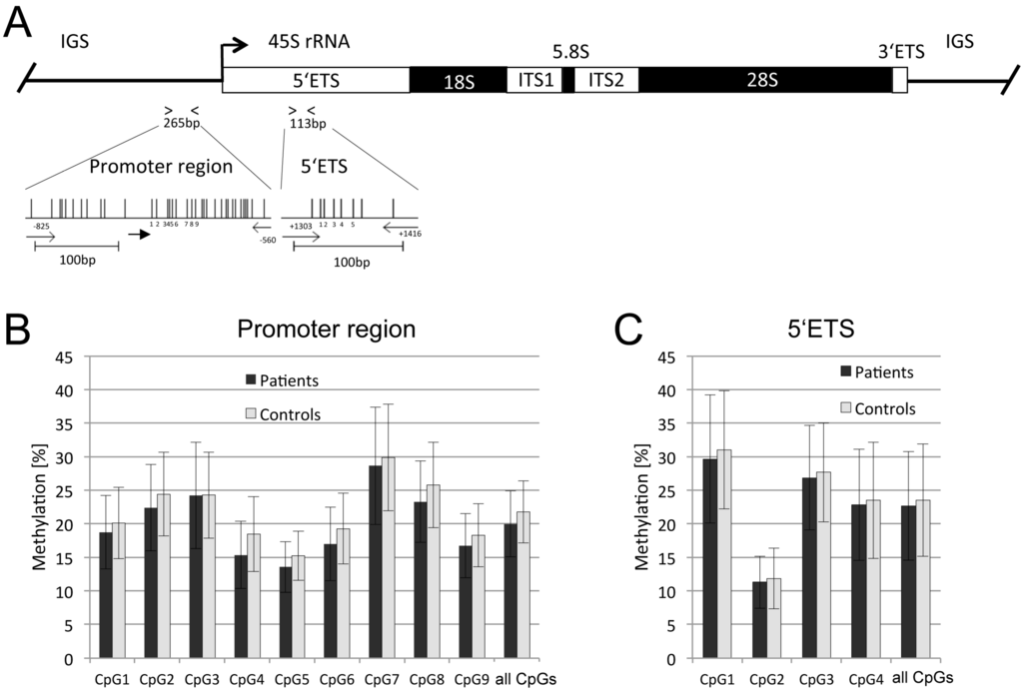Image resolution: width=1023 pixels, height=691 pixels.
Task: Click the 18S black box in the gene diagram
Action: click(x=458, y=81)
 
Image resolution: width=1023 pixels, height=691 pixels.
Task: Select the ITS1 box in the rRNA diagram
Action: click(x=534, y=81)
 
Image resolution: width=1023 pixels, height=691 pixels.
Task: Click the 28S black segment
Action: click(x=765, y=81)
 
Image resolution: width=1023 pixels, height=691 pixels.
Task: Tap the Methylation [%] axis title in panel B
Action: click(x=41, y=506)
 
